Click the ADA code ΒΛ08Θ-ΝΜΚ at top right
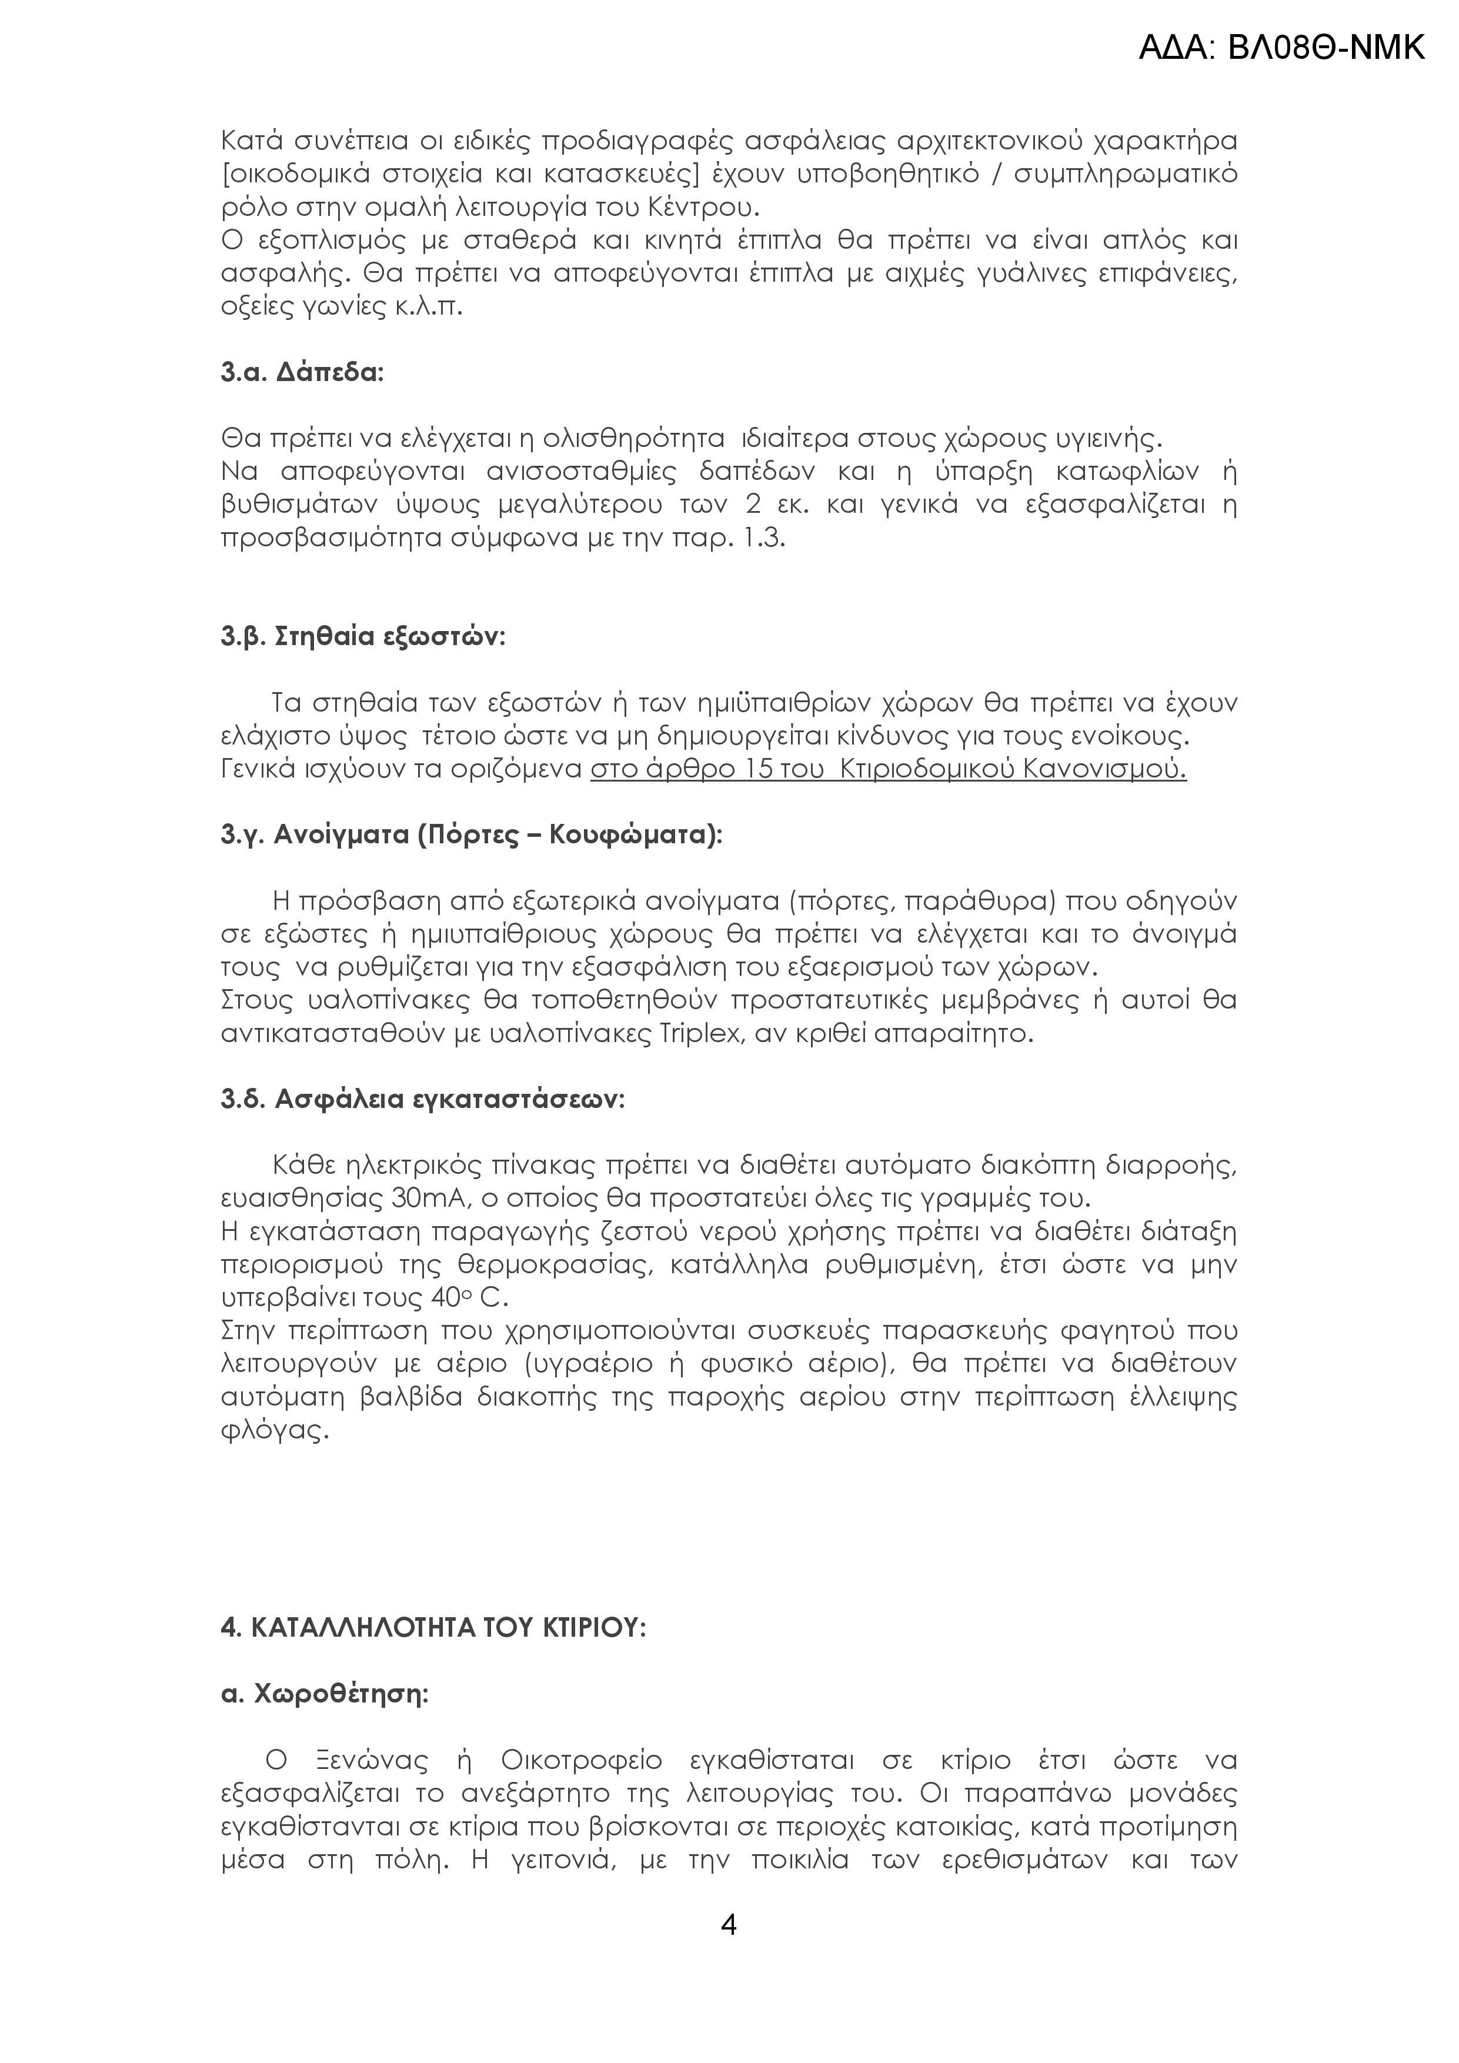click(x=1281, y=46)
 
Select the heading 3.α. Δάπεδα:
click(x=302, y=372)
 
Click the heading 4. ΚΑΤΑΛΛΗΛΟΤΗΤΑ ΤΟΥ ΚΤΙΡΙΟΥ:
click(x=433, y=1628)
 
